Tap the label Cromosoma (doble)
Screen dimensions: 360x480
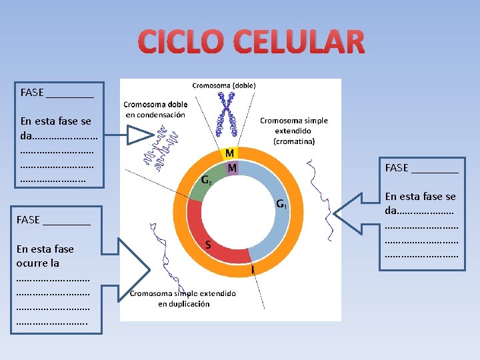coord(224,85)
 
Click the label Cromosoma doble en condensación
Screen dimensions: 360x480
coord(155,109)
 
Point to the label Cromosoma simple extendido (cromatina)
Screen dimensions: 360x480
coord(294,131)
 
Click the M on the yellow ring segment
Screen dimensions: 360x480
coord(229,154)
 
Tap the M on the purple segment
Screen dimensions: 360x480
coord(232,168)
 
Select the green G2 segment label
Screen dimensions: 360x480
coord(207,180)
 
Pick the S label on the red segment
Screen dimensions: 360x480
coord(208,245)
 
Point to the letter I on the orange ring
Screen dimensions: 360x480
coord(253,269)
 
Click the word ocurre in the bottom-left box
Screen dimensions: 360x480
coord(38,263)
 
